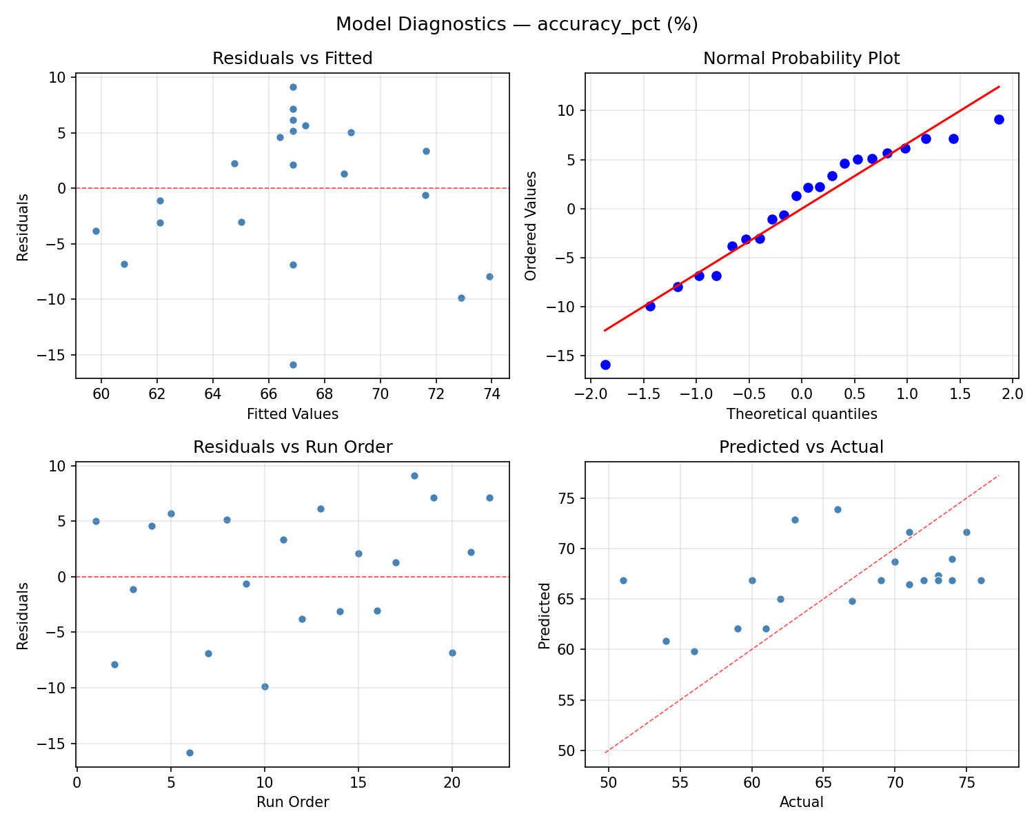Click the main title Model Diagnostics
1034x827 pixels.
(x=516, y=25)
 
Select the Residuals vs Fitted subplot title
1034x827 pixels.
(x=292, y=59)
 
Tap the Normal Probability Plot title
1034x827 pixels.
(x=801, y=59)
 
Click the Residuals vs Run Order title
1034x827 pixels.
(x=292, y=447)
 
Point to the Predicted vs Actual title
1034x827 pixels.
(x=801, y=447)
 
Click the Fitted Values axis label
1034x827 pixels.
(x=292, y=414)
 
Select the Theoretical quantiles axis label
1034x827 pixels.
(x=801, y=414)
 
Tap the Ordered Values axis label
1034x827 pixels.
(x=530, y=225)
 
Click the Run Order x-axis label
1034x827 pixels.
(x=292, y=802)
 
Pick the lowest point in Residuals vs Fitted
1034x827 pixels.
(x=293, y=365)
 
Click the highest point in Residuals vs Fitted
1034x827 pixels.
(x=293, y=87)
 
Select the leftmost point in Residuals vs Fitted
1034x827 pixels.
(x=96, y=231)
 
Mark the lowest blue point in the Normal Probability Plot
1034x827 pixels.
(x=605, y=365)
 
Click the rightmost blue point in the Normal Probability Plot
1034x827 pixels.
(x=999, y=119)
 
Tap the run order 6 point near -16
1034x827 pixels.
(x=190, y=753)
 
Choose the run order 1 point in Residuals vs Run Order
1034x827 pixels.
(x=96, y=521)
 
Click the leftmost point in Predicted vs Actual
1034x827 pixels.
(x=623, y=580)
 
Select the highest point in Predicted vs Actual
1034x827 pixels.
(x=838, y=509)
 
